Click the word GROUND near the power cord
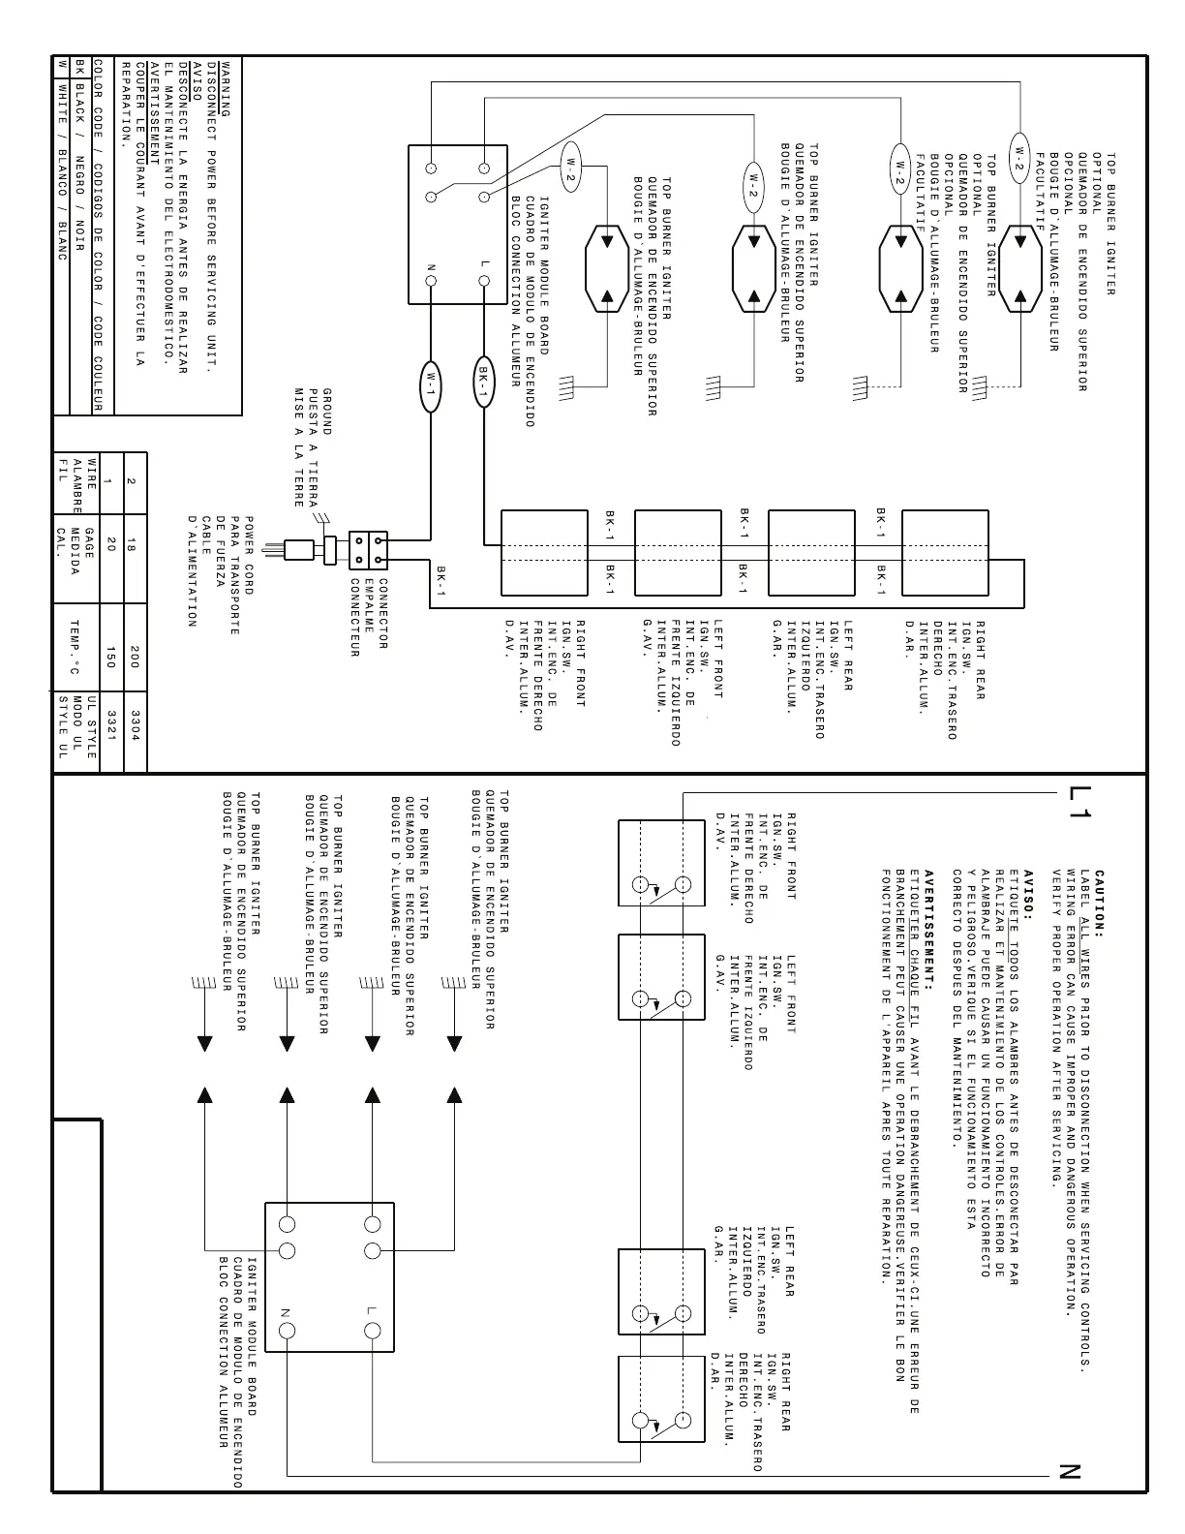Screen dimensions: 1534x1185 tap(327, 411)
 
